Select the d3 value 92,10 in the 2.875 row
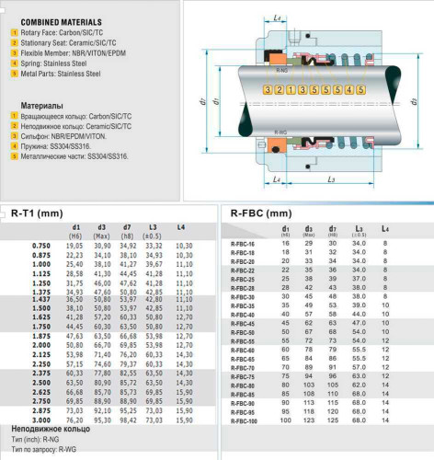[x=102, y=410]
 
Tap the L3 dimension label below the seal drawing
[x=334, y=178]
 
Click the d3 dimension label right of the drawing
[x=413, y=100]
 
